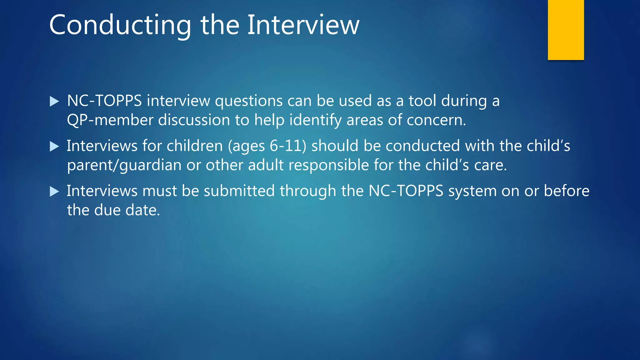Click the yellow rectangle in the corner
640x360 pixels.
coord(566,30)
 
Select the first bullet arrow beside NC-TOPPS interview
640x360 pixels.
coord(54,101)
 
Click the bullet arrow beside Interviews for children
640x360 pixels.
coord(54,146)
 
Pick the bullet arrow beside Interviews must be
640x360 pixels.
coord(54,191)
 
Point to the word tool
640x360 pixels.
coord(422,101)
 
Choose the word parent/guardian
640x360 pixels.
coord(124,165)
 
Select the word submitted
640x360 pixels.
coord(239,191)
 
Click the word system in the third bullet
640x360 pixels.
coord(472,191)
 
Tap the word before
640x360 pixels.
coord(567,191)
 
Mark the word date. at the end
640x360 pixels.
coord(142,210)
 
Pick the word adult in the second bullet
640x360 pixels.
coord(266,165)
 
